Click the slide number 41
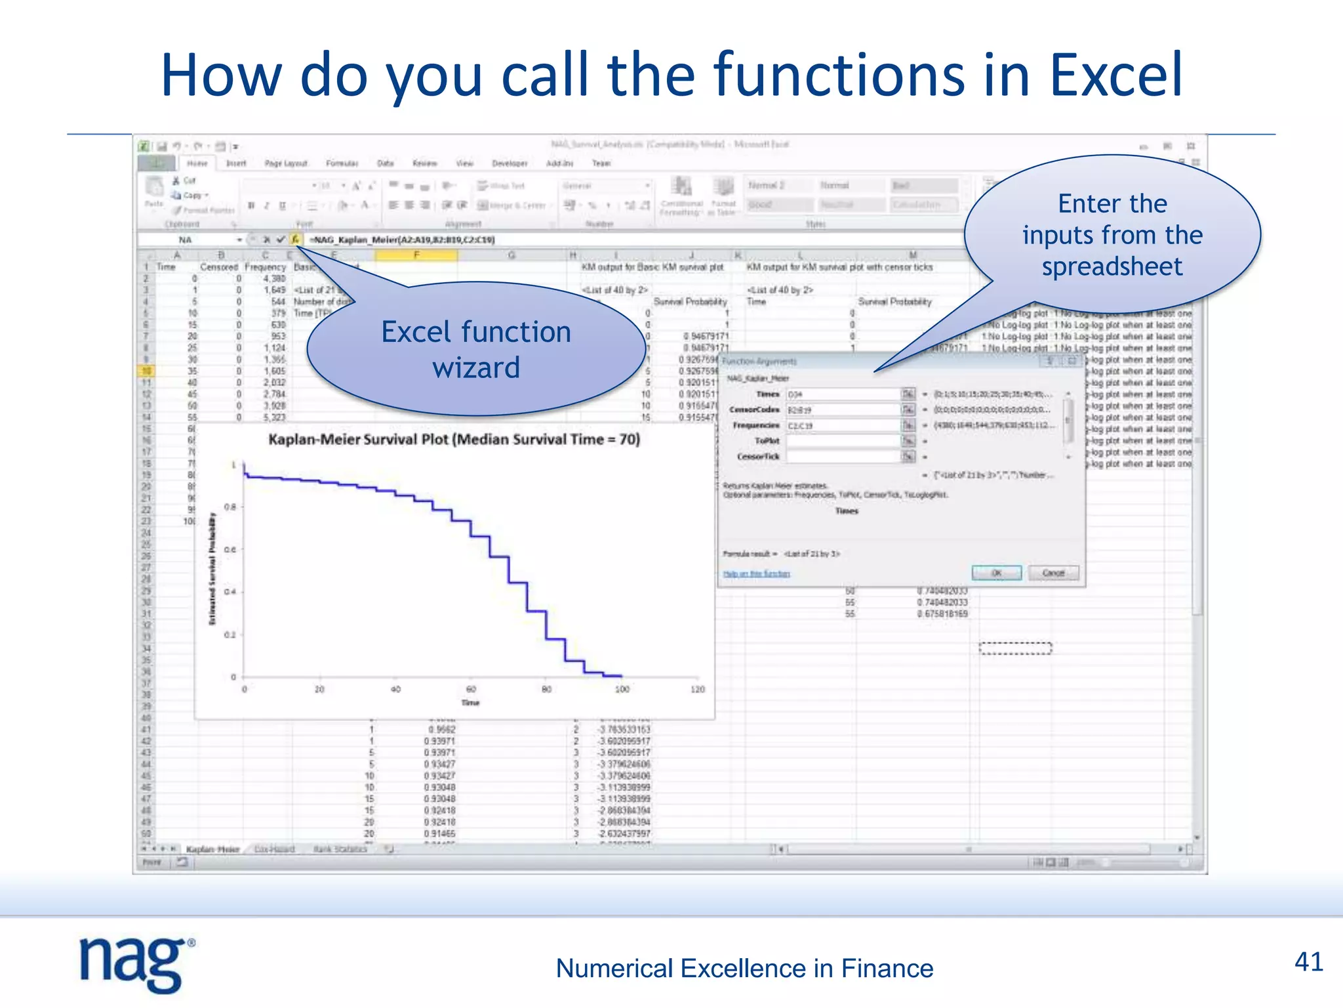pyautogui.click(x=1308, y=962)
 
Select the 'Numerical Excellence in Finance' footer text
pyautogui.click(x=744, y=969)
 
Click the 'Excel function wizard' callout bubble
pyautogui.click(x=476, y=350)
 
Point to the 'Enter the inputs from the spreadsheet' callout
pyautogui.click(x=1112, y=235)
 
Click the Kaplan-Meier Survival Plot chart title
pyautogui.click(x=454, y=440)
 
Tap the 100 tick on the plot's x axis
pyautogui.click(x=622, y=689)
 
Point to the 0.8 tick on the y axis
pyautogui.click(x=230, y=507)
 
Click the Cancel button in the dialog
pyautogui.click(x=1053, y=573)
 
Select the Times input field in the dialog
pyautogui.click(x=843, y=394)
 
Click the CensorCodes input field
pyautogui.click(x=843, y=410)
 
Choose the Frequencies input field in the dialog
pyautogui.click(x=843, y=426)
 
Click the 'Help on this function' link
pyautogui.click(x=756, y=574)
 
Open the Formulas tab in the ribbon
pyautogui.click(x=342, y=163)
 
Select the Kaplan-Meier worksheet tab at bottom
pyautogui.click(x=212, y=849)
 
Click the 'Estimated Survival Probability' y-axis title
pyautogui.click(x=212, y=568)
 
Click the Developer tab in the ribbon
pyautogui.click(x=510, y=163)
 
